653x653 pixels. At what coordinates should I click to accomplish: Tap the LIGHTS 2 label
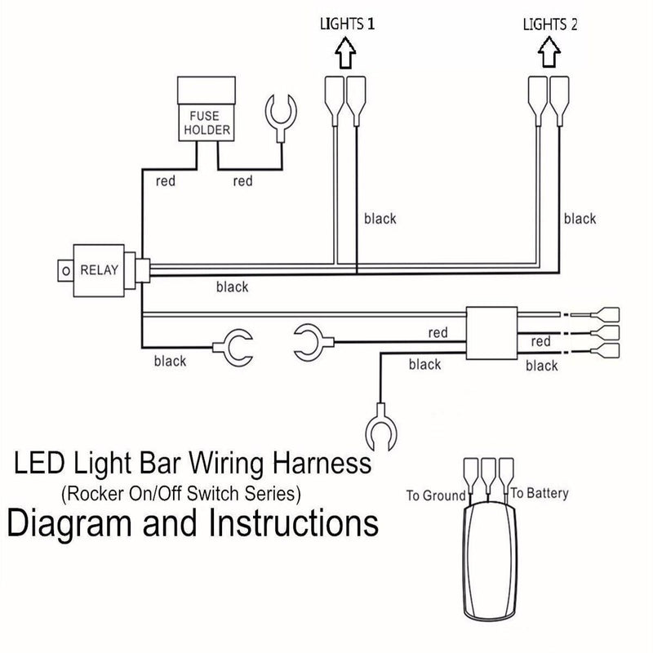click(x=550, y=24)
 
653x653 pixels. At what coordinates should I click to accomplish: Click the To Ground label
click(x=436, y=495)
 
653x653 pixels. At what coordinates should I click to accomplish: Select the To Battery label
click(x=540, y=493)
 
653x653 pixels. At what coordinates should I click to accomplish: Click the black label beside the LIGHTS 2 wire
click(x=580, y=219)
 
